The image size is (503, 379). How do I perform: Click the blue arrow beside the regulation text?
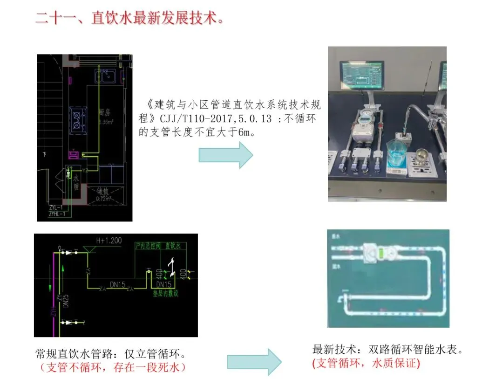pos(226,155)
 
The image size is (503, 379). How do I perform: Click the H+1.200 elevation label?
pos(109,241)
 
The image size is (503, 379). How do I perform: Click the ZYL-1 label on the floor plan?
pos(56,207)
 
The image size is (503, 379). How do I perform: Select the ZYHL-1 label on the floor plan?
pos(58,214)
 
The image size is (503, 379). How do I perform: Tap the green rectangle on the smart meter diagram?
pos(381,253)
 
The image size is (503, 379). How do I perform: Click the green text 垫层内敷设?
pos(165,294)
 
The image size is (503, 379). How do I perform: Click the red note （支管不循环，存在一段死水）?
pos(113,367)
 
